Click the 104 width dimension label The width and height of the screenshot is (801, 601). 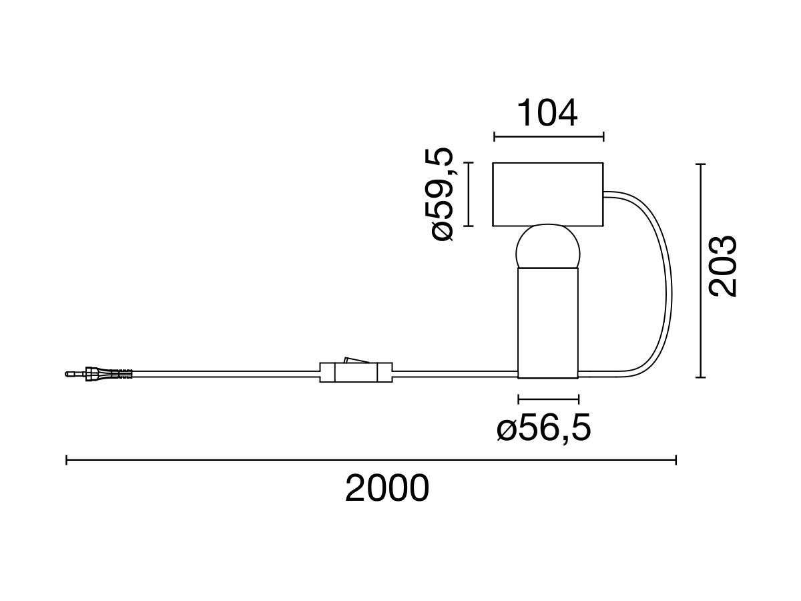[x=547, y=113]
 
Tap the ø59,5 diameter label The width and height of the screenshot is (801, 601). [x=442, y=194]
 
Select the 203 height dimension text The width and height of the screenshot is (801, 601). [x=722, y=266]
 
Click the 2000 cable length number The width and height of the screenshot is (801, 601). [x=386, y=488]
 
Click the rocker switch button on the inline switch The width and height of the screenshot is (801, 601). [x=356, y=360]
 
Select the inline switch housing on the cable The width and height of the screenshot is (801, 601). [x=356, y=372]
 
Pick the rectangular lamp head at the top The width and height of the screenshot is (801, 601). [x=547, y=194]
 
